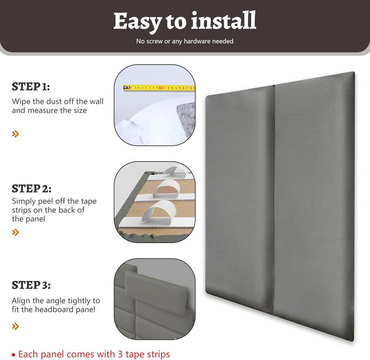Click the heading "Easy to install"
[x=185, y=21]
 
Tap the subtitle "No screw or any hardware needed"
[x=185, y=41]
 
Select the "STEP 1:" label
[x=31, y=86]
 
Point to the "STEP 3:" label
[x=31, y=285]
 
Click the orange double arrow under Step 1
[x=16, y=134]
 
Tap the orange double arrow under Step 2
[x=16, y=232]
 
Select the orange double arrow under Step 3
[x=16, y=326]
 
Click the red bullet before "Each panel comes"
[x=14, y=355]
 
